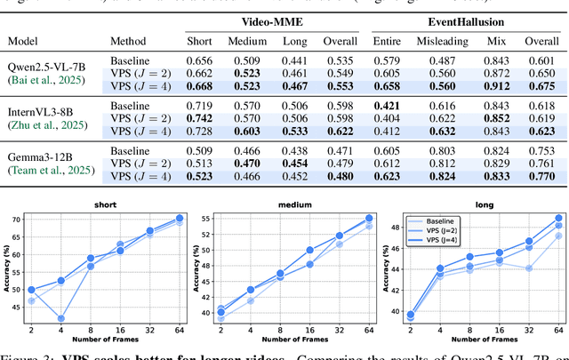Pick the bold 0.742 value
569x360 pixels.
[x=199, y=118]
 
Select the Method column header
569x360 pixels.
[x=127, y=41]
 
